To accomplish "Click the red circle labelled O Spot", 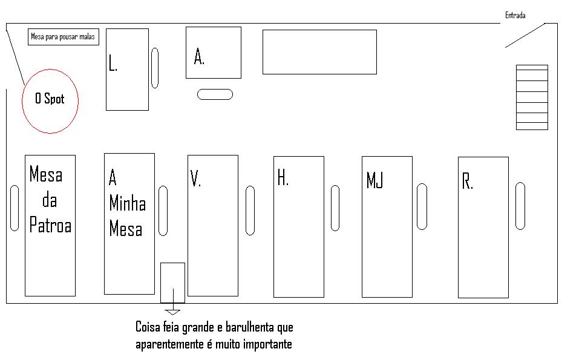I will [50, 101].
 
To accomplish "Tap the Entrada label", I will [515, 15].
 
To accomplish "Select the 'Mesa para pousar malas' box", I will [63, 37].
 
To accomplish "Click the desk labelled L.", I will [127, 70].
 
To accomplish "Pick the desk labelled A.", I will [213, 53].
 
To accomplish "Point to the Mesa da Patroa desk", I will [50, 225].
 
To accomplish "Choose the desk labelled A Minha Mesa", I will [129, 223].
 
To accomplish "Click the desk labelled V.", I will [212, 225].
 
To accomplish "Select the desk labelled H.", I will [298, 227].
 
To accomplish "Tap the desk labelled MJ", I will [387, 227].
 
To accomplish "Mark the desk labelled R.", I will [483, 227].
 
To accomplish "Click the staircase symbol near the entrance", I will [532, 97].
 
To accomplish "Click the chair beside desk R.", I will [520, 206].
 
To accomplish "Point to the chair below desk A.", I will [215, 94].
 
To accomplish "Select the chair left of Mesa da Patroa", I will [15, 208].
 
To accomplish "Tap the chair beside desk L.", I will [155, 68].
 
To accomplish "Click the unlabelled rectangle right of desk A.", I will [319, 52].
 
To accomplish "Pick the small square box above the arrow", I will [172, 283].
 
